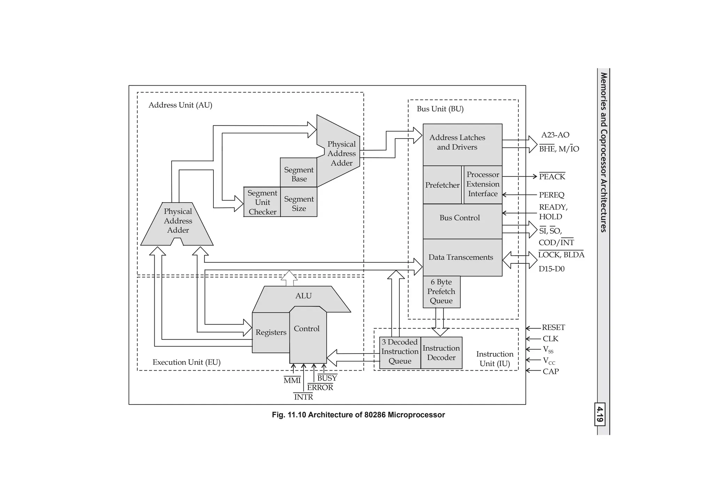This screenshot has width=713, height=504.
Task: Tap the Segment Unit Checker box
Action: (262, 202)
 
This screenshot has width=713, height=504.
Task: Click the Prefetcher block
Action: (442, 185)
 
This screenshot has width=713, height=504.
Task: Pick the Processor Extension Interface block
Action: (483, 184)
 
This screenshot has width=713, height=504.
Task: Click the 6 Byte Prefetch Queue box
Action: (441, 292)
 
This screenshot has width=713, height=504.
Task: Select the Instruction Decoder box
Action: (441, 352)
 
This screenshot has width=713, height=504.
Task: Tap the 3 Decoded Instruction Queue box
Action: (400, 352)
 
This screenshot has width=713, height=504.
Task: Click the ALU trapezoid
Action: (303, 296)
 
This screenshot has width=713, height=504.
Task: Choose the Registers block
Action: (271, 332)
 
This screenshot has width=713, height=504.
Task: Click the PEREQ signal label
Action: (551, 195)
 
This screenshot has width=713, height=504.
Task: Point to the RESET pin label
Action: (553, 328)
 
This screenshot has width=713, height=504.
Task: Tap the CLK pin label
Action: (550, 339)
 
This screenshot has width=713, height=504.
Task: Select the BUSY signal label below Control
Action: (327, 378)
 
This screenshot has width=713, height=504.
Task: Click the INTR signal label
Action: (303, 397)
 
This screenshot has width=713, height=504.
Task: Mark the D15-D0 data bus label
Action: (551, 269)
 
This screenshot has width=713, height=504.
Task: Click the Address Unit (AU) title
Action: (180, 105)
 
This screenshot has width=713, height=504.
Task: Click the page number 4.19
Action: (600, 414)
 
